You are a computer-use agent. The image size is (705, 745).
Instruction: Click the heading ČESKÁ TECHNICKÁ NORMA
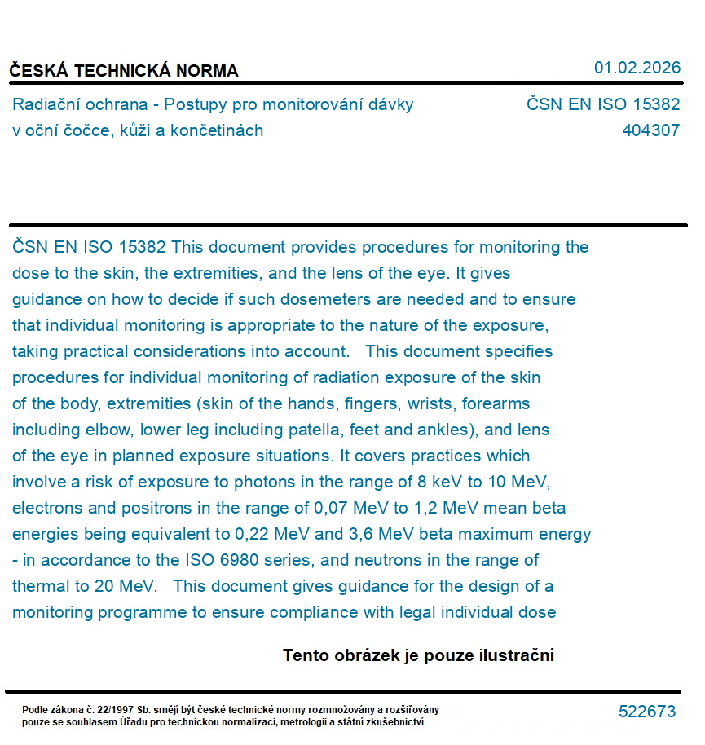tap(124, 71)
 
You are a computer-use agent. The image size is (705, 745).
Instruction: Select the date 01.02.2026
tap(637, 68)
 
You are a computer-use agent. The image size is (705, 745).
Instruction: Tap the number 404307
tap(650, 130)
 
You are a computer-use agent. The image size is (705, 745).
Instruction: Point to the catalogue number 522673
tap(647, 712)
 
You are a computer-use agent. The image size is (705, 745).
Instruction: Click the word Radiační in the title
tap(46, 104)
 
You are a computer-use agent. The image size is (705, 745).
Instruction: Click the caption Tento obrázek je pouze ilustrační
tap(418, 655)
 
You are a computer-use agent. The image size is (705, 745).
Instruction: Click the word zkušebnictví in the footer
tap(391, 721)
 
